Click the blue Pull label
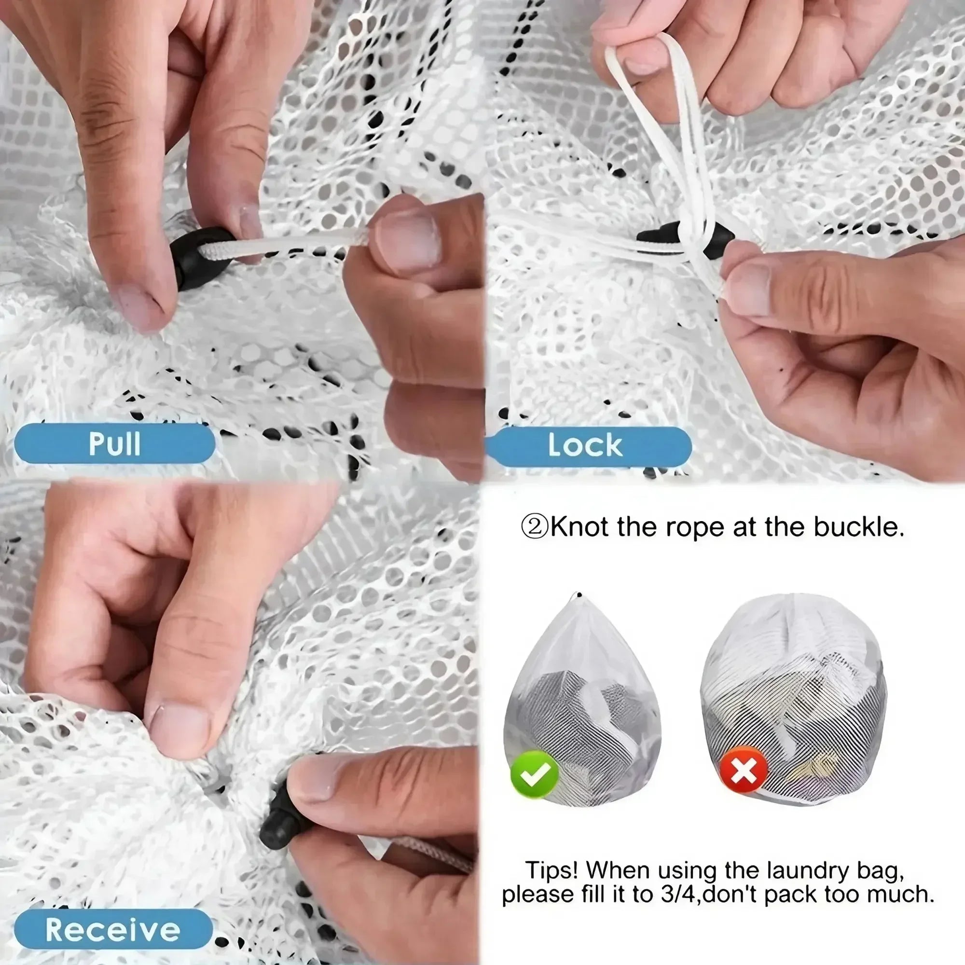click(114, 443)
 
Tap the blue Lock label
click(585, 444)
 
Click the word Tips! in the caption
click(551, 870)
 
